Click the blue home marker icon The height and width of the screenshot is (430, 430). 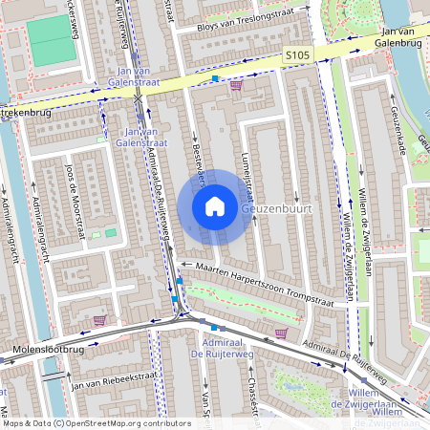pos(215,205)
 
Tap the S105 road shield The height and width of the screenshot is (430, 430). pos(297,57)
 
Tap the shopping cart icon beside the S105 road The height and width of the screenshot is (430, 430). pos(236,84)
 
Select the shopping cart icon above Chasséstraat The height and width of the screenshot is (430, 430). pos(280,333)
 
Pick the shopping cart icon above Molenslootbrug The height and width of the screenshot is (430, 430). pos(99,320)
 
